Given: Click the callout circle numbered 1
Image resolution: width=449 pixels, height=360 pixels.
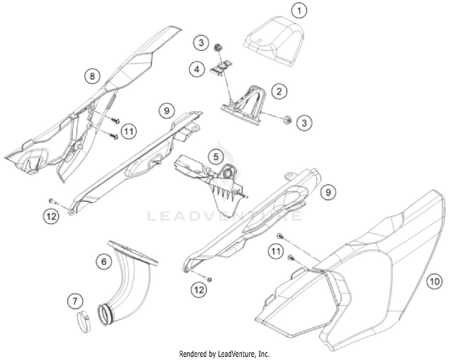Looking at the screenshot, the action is tap(299, 11).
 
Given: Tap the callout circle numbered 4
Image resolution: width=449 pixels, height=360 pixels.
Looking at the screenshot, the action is tap(197, 69).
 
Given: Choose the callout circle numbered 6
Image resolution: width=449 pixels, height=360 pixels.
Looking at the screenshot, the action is tap(104, 261).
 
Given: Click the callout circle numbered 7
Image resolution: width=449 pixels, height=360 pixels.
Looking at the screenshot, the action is tap(75, 301).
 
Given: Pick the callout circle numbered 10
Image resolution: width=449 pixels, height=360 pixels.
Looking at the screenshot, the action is tap(434, 282).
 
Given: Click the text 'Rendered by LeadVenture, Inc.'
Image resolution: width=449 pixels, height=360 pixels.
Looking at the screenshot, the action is tap(224, 353).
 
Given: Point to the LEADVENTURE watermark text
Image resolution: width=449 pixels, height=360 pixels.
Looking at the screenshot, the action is tap(224, 216).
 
